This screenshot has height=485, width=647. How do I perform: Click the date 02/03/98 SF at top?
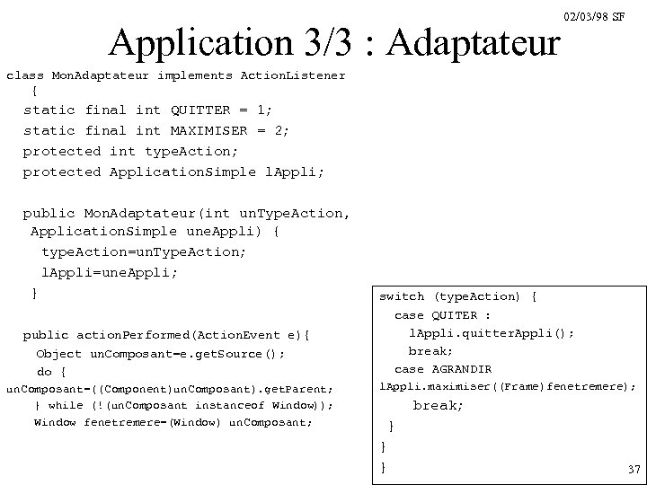(594, 17)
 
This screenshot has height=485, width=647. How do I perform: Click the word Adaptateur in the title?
(476, 43)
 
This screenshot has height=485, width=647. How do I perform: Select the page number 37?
(634, 469)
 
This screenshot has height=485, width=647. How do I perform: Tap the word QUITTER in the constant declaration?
(200, 110)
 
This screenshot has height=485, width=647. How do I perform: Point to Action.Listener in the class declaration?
(293, 75)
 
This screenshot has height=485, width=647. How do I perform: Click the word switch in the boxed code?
(401, 296)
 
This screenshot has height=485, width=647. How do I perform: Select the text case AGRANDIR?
(443, 369)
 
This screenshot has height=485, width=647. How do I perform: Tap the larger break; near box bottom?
(439, 406)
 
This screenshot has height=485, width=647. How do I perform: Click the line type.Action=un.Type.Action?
(144, 252)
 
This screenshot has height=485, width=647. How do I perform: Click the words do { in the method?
(51, 371)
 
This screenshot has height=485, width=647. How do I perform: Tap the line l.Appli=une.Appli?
(110, 272)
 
